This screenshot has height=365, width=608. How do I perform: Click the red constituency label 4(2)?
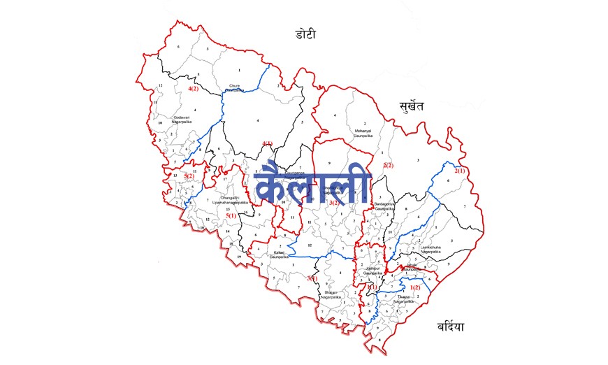194,90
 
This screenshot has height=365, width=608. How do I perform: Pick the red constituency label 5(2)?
189,176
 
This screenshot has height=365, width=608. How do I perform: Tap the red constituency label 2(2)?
388,166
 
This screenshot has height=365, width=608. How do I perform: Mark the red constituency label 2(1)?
460,171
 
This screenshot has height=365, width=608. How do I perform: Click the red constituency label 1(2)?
415,287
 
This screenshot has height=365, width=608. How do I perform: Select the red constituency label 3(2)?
335,203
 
